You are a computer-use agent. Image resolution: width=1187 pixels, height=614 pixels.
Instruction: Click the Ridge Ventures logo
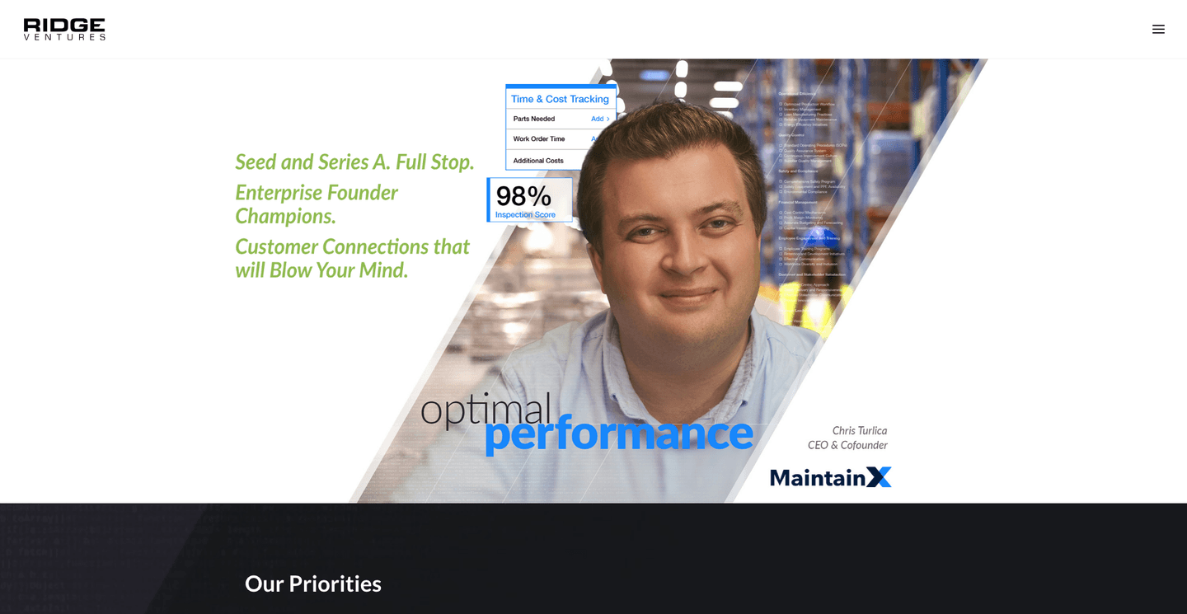(x=64, y=29)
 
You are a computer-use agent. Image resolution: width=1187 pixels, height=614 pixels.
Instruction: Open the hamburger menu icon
(x=1158, y=29)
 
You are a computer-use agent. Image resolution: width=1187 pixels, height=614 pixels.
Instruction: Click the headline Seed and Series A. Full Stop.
(x=354, y=162)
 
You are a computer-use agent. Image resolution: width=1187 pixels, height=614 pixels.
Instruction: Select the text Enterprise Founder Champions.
(x=316, y=204)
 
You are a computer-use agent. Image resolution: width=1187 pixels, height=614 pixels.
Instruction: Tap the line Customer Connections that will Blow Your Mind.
(x=352, y=258)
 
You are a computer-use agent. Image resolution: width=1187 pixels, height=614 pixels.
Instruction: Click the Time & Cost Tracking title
(x=560, y=99)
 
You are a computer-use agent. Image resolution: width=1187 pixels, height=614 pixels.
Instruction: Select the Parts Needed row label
(x=534, y=119)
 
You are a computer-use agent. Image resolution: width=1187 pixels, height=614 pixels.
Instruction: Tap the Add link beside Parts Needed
(x=600, y=119)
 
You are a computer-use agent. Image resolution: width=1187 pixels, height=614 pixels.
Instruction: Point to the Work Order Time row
(x=539, y=139)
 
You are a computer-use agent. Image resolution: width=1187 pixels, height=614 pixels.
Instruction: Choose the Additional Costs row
(x=538, y=161)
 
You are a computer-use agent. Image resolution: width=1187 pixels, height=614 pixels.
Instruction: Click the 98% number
(x=523, y=196)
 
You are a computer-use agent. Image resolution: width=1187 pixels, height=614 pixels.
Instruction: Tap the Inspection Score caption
(x=525, y=215)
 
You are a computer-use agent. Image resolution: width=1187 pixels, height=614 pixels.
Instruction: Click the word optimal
(x=485, y=408)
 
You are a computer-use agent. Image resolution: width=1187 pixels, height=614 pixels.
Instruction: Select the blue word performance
(x=618, y=434)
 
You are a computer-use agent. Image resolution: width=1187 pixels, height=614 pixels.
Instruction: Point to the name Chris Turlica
(x=859, y=430)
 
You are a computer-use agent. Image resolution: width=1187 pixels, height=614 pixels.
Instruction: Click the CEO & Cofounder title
(x=847, y=445)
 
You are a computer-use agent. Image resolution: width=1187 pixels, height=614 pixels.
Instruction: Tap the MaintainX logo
(x=830, y=477)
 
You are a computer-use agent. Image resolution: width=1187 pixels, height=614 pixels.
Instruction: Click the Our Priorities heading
(x=313, y=584)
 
